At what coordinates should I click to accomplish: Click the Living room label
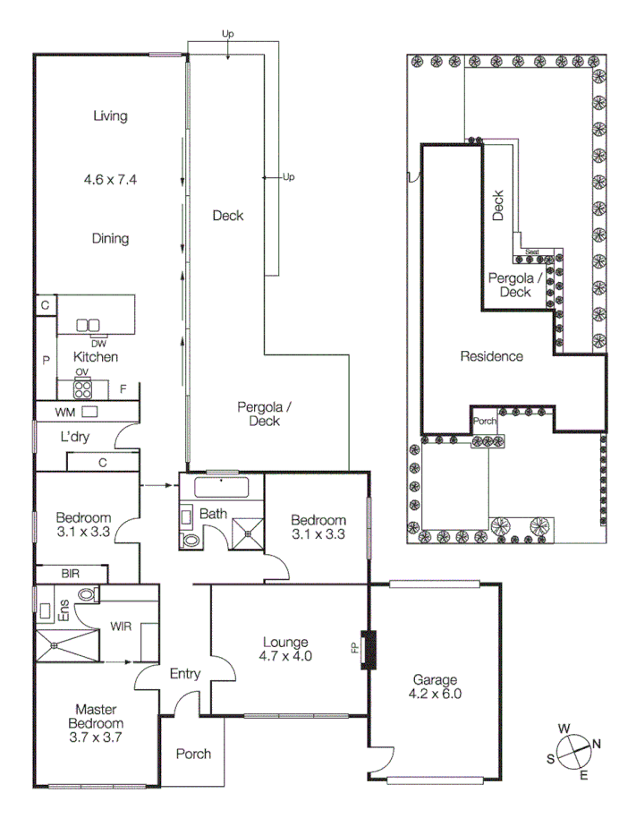110,115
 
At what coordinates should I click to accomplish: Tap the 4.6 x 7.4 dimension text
109,179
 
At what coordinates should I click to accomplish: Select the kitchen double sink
88,326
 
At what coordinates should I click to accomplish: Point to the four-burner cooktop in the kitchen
82,388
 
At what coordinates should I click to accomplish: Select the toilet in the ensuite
87,594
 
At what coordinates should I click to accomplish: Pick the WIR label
121,626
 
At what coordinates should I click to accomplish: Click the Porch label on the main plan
192,754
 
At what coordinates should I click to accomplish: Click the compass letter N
597,743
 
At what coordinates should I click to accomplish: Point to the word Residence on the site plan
491,356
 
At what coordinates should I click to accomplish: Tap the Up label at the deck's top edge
228,34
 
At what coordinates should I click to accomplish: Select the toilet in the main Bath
190,541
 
